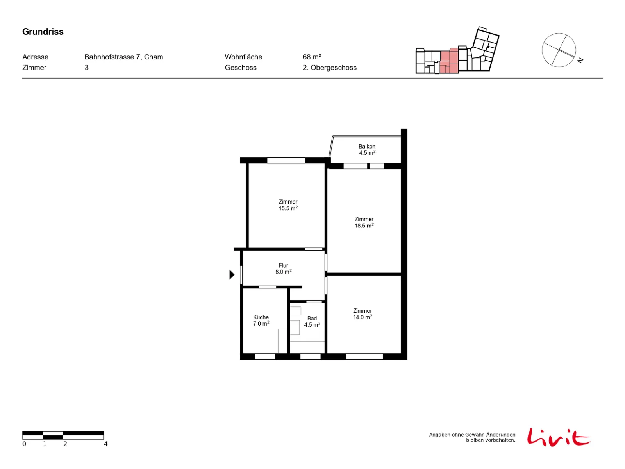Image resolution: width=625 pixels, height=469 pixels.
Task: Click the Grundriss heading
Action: (43, 32)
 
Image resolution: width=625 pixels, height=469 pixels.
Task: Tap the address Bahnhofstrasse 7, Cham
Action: (123, 57)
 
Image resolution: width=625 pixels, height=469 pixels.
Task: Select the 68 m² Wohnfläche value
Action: (311, 57)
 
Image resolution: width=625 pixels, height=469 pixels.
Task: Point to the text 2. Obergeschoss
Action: (329, 68)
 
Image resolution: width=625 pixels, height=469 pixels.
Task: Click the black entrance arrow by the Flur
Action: (232, 274)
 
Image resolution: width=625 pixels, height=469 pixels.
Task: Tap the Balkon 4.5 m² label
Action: (367, 150)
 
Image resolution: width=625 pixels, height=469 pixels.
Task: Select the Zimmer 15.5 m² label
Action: (288, 205)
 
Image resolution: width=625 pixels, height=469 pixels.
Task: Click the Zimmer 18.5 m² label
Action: (364, 222)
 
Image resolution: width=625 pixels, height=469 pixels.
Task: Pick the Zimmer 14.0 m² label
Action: (362, 314)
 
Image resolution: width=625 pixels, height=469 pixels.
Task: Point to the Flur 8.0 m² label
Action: (283, 269)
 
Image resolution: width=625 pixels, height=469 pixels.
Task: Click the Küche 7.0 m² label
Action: (261, 320)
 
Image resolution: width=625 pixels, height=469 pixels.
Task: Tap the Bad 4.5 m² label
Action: (312, 322)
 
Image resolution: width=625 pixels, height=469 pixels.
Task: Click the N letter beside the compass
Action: (580, 60)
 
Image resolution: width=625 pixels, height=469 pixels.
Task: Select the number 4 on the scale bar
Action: (105, 444)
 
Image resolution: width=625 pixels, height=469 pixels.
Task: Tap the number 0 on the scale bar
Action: (24, 444)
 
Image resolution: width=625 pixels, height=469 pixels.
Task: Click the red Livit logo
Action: (558, 437)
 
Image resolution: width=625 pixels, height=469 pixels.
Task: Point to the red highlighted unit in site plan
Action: (449, 61)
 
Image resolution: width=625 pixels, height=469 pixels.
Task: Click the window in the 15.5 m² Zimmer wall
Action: (286, 160)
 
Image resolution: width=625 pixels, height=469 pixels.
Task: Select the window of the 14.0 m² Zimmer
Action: (364, 356)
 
